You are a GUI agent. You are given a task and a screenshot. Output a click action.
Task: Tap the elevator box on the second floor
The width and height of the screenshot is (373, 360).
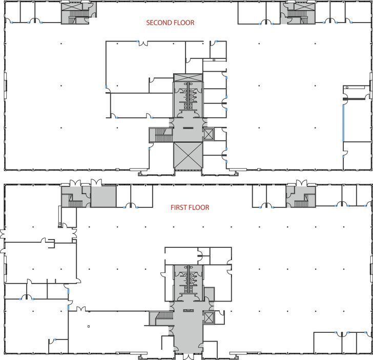tap(209, 135)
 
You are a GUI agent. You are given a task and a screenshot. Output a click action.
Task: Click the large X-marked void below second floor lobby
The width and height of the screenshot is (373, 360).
tap(188, 155)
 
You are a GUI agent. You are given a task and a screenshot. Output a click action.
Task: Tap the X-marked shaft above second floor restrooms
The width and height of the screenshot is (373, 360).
tap(188, 78)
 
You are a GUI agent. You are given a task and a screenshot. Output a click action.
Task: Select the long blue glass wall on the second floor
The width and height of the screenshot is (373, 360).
tap(343, 123)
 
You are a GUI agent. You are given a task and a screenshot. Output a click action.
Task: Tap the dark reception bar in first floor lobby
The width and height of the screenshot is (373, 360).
tap(188, 310)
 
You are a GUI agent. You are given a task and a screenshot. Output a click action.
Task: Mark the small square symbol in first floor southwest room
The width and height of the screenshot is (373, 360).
tap(89, 326)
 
